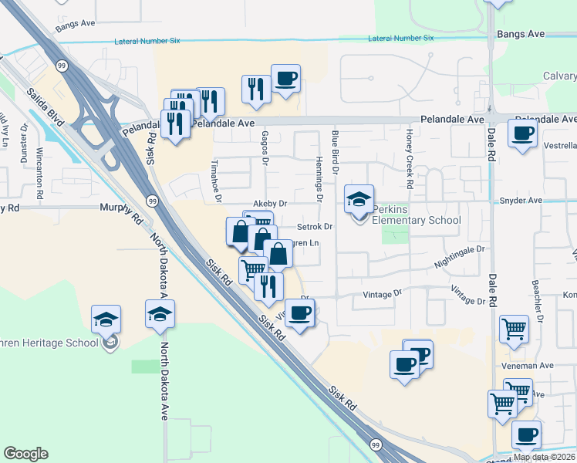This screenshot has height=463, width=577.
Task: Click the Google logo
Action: click(x=25, y=454)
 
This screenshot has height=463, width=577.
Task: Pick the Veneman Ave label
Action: click(x=535, y=366)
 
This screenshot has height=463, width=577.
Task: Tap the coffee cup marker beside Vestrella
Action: click(x=522, y=133)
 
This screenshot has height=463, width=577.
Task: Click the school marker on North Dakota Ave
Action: click(x=160, y=316)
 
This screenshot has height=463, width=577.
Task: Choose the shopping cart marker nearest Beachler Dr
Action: click(x=514, y=330)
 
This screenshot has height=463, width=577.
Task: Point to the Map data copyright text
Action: click(x=545, y=457)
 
